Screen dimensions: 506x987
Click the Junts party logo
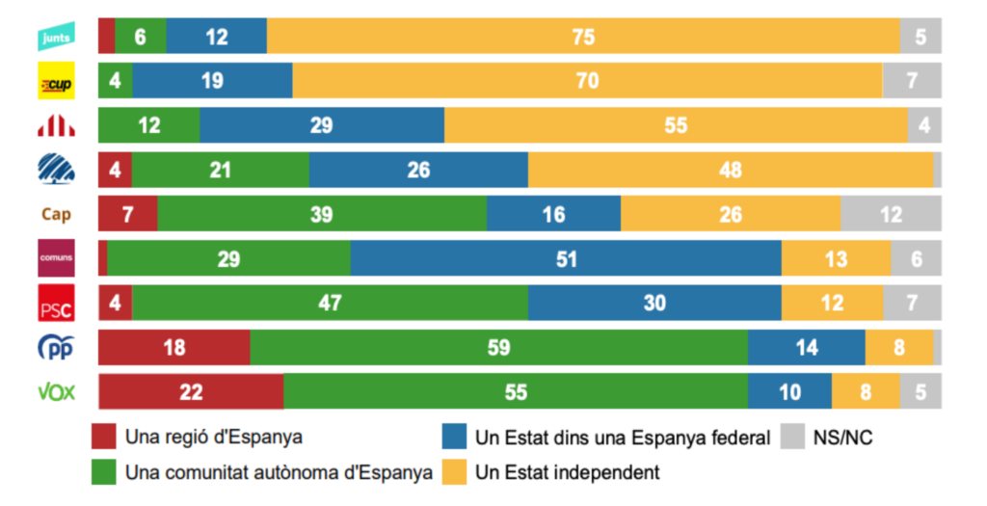[x=54, y=38]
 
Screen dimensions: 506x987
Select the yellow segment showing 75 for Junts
[x=583, y=38]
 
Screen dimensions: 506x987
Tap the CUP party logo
[x=54, y=82]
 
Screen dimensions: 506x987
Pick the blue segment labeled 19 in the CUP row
[x=212, y=82]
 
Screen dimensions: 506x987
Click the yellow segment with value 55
[x=675, y=126]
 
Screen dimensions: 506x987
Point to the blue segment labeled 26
[x=418, y=171]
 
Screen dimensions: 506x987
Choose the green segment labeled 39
[x=322, y=214]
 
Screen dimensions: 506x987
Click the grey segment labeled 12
[x=891, y=214]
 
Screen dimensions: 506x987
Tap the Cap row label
[x=55, y=215]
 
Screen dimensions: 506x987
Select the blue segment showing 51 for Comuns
[x=566, y=259]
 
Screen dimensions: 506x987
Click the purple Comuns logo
[x=54, y=258]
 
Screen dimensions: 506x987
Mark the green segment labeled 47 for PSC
[x=330, y=304]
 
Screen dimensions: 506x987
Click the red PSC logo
[x=54, y=304]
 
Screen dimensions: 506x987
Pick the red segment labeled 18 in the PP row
[x=174, y=348]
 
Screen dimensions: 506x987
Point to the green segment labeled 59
[x=498, y=348]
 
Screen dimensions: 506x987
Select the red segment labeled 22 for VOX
[x=191, y=392]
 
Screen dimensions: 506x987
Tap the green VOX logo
[x=55, y=392]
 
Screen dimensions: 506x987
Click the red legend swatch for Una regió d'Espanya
[x=104, y=438]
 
